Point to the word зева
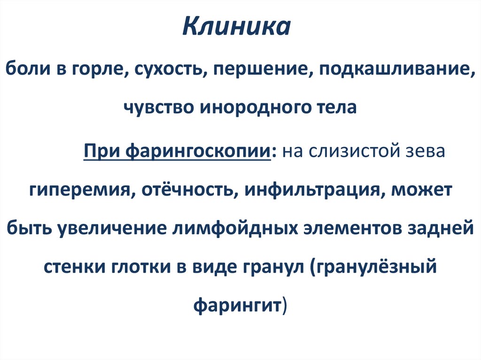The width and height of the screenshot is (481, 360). tap(424, 152)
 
